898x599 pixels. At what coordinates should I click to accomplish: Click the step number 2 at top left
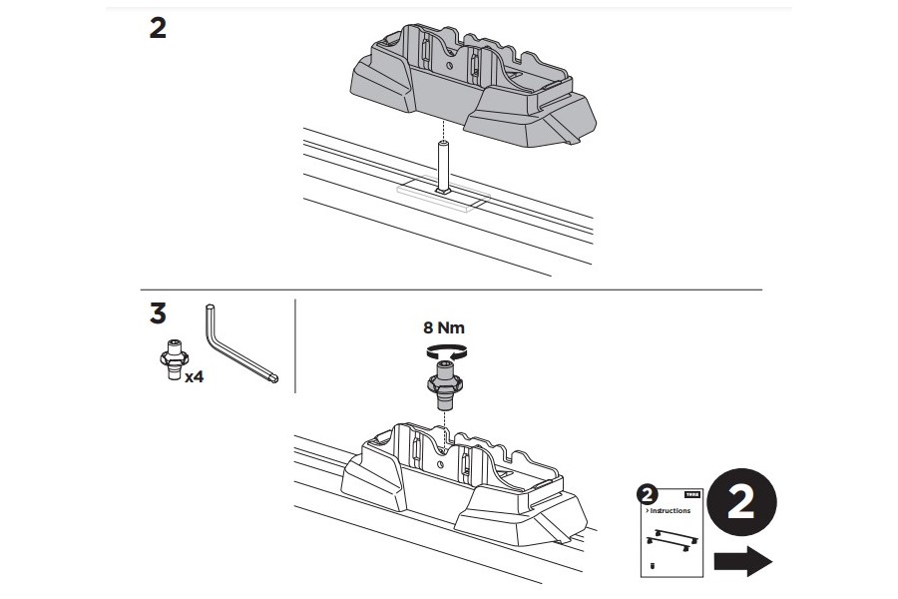(x=158, y=28)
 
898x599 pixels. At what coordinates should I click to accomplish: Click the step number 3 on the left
(x=158, y=312)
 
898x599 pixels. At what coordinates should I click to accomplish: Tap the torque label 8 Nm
(x=444, y=326)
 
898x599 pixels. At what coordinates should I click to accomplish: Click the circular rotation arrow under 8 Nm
(x=445, y=350)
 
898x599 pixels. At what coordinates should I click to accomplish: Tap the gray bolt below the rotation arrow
(x=444, y=385)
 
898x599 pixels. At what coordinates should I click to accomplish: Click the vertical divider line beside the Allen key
(x=296, y=348)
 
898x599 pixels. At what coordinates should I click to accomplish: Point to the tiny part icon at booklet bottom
(x=652, y=564)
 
